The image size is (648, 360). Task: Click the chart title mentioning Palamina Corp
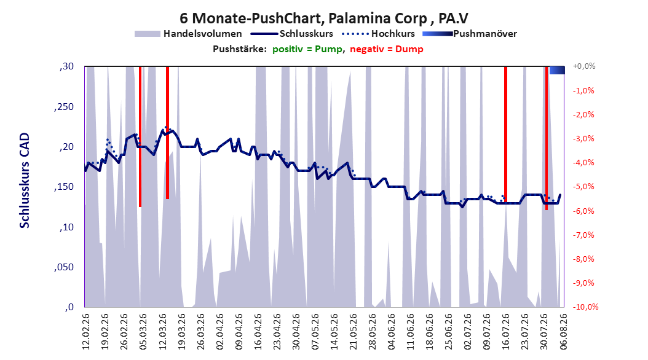click(324, 18)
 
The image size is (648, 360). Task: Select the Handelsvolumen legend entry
click(189, 34)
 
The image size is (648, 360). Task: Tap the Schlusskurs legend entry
click(292, 34)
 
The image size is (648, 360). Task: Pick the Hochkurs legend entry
click(379, 34)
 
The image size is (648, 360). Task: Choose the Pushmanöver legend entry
click(470, 34)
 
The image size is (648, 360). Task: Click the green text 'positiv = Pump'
click(307, 49)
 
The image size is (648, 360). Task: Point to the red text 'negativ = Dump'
click(387, 49)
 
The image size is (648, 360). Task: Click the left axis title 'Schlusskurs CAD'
click(25, 181)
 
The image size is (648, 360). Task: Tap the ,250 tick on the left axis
click(64, 106)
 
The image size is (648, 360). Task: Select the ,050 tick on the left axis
click(64, 267)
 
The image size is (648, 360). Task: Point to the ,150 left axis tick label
click(64, 187)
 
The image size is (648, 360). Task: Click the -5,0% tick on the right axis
click(583, 187)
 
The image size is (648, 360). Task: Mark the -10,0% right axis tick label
click(585, 307)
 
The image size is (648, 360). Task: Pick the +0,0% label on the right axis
click(584, 66)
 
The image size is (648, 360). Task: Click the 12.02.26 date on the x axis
click(86, 332)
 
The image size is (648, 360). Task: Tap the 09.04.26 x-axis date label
click(239, 332)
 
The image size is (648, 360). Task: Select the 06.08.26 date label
click(563, 332)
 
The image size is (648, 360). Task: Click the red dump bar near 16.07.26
click(505, 135)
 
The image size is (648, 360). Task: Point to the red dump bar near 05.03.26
click(140, 136)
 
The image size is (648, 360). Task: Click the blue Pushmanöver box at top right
click(556, 71)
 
